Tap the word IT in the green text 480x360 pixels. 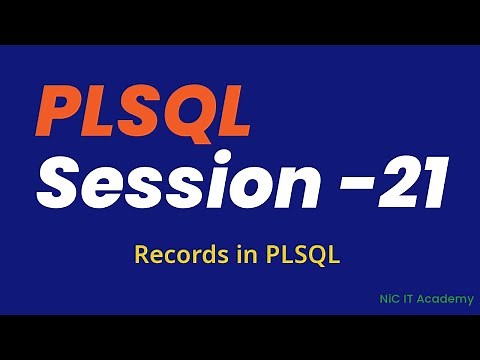point(405,298)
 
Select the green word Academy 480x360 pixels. point(444,299)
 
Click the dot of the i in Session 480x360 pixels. point(241,165)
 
